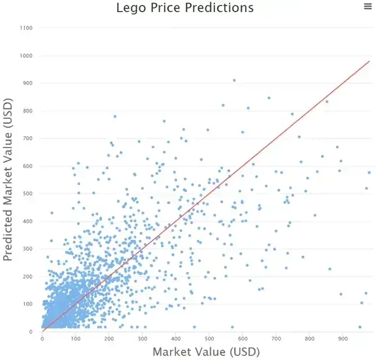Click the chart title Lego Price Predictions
[185, 8]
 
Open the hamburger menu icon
[367, 6]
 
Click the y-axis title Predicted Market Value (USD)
[9, 180]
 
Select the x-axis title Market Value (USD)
[206, 352]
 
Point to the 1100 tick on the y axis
[27, 28]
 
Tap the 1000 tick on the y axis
[27, 56]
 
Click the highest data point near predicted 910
[234, 80]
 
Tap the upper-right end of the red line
[369, 61]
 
